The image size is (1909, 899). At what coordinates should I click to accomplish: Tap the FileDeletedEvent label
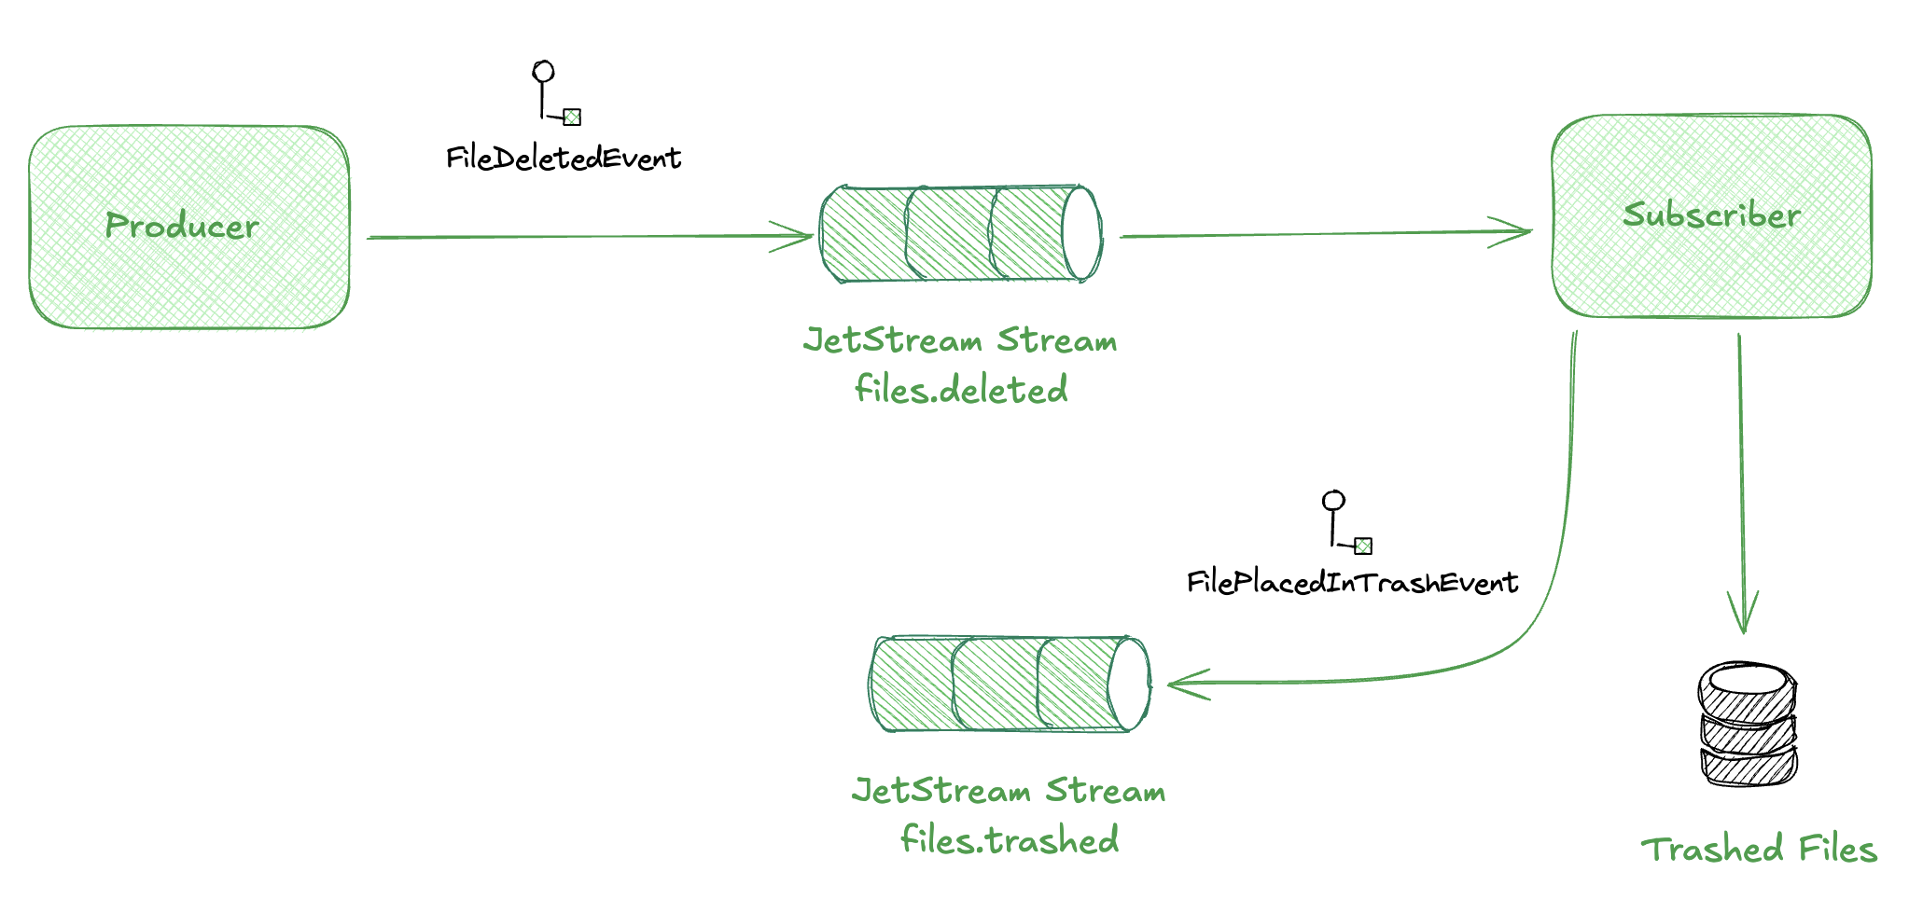click(564, 159)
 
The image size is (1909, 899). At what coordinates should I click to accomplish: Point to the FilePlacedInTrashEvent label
click(1352, 583)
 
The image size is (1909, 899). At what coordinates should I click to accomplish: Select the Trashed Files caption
click(1759, 850)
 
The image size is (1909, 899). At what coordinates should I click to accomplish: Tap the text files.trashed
click(1010, 840)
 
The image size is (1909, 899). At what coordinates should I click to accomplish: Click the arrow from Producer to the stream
click(588, 237)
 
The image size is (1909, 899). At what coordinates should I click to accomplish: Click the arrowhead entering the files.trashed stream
click(1185, 684)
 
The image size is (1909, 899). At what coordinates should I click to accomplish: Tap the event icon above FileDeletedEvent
click(556, 93)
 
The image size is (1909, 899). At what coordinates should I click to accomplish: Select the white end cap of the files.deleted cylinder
click(1081, 234)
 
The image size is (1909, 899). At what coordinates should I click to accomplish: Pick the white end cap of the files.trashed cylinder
click(1129, 684)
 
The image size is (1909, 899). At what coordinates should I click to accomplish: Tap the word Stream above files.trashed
click(1105, 791)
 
